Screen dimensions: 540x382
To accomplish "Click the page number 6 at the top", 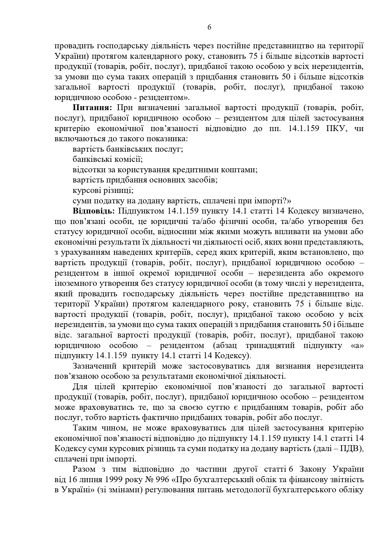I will pos(209,27).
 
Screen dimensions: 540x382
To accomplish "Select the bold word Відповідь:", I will pos(94,211).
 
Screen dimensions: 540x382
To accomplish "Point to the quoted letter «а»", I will pos(357,345).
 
